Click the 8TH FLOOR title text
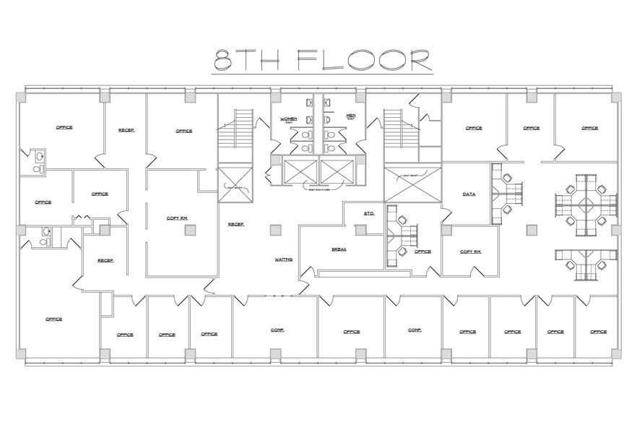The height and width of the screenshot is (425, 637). pos(321,61)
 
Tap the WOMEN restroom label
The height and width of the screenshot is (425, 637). pos(289,118)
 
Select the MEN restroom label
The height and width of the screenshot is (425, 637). pos(351,116)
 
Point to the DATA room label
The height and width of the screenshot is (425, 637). pos(469,194)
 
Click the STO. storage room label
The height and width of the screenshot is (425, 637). pos(368,213)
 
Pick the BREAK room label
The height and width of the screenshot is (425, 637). pos(339,249)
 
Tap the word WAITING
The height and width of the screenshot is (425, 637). pos(283,259)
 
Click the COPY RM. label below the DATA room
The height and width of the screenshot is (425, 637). pos(470,251)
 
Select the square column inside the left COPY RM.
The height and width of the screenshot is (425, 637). pos(189,230)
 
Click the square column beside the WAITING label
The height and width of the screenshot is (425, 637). pos(274,230)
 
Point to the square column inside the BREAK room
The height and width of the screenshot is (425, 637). pos(360,230)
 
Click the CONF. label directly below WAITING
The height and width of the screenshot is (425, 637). pos(277,330)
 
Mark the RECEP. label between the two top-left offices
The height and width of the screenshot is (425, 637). pos(127,130)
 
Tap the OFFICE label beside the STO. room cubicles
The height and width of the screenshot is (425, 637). pos(422,252)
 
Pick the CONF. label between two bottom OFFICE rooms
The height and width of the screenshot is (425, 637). pos(415,330)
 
